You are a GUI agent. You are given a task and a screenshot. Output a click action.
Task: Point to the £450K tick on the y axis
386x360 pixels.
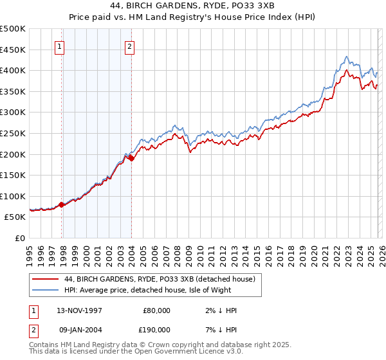(13, 50)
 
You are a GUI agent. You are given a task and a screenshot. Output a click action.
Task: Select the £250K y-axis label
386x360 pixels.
(13, 133)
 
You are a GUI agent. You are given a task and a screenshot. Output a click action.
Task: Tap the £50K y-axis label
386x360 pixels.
(15, 217)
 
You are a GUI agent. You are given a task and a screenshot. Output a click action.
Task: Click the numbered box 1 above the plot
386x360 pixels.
(59, 46)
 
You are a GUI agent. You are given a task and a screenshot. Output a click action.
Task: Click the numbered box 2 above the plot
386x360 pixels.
(129, 46)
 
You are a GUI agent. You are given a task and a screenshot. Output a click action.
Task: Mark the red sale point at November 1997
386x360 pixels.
(62, 205)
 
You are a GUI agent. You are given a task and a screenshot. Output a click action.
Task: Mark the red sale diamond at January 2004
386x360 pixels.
(131, 158)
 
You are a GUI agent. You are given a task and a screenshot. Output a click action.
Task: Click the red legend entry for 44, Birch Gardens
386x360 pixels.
(160, 279)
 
